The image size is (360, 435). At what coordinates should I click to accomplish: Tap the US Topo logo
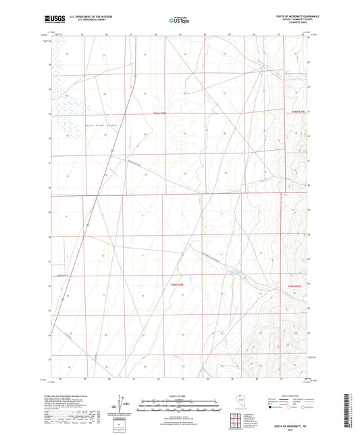(x=178, y=20)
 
